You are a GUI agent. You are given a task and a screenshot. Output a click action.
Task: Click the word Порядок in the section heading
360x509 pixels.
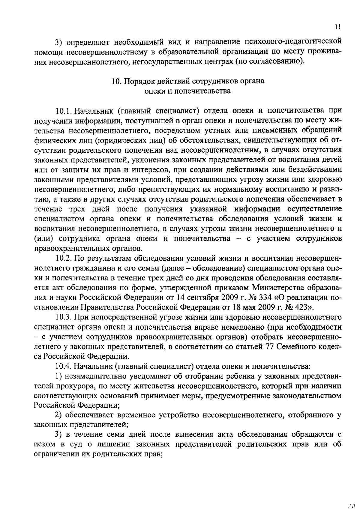(138, 81)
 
